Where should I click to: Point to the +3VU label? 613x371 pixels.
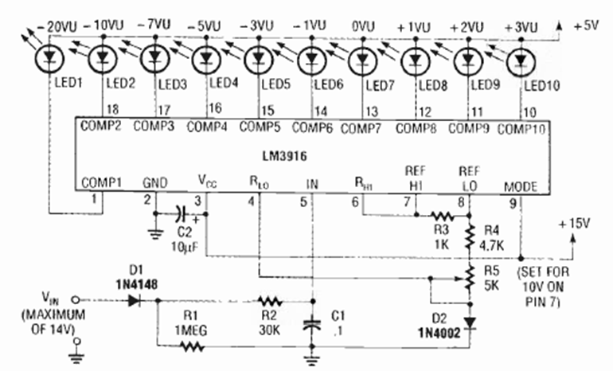pyautogui.click(x=521, y=27)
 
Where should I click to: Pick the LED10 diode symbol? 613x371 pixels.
pyautogui.click(x=521, y=60)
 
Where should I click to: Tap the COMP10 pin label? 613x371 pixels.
pyautogui.click(x=522, y=127)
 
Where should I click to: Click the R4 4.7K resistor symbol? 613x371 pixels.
pyautogui.click(x=468, y=235)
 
